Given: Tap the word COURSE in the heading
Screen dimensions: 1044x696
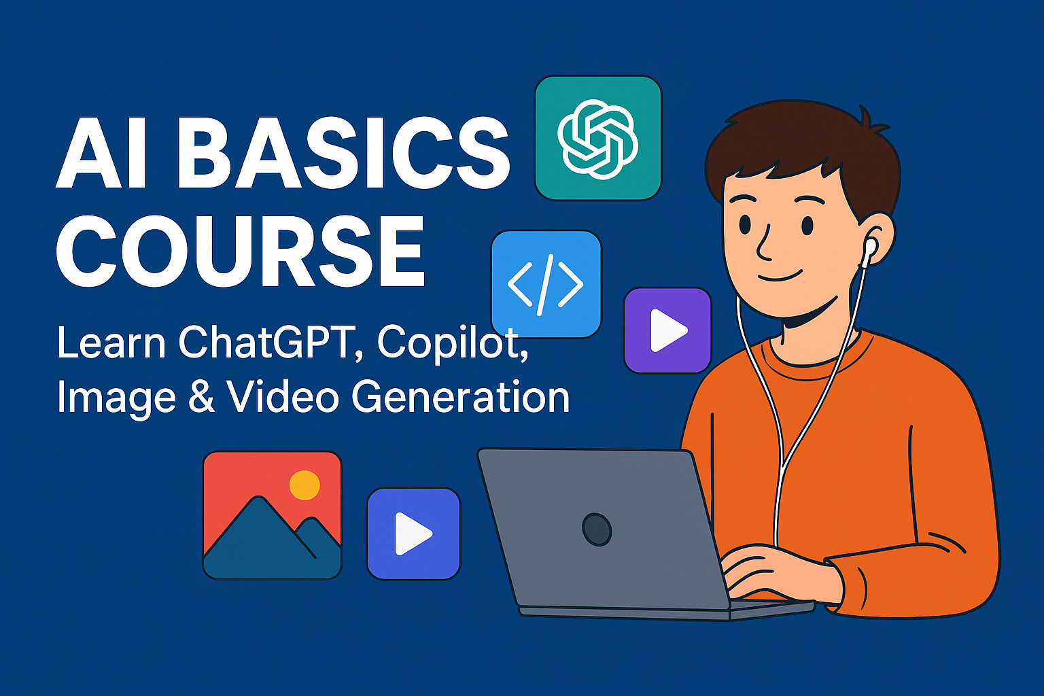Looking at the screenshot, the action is pyautogui.click(x=241, y=251).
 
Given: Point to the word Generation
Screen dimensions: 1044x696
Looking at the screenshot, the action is pyautogui.click(x=460, y=397).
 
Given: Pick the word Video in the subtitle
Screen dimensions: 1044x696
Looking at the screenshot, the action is pyautogui.click(x=283, y=397).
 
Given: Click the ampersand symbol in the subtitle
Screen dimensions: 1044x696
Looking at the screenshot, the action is pyautogui.click(x=201, y=397).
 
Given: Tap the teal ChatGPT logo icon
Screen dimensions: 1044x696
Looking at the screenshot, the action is pyautogui.click(x=598, y=138).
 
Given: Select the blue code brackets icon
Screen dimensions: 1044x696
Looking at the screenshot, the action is pyautogui.click(x=546, y=284).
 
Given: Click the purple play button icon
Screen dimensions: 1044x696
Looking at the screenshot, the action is pyautogui.click(x=667, y=330).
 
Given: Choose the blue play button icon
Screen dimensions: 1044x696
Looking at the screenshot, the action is pyautogui.click(x=413, y=534).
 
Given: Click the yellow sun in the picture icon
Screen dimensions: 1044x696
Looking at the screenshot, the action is pyautogui.click(x=304, y=485).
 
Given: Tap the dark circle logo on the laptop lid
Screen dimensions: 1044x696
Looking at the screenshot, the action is pyautogui.click(x=597, y=529).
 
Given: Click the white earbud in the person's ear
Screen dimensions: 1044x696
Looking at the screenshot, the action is pyautogui.click(x=869, y=248).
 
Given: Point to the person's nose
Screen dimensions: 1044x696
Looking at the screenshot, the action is pyautogui.click(x=764, y=241).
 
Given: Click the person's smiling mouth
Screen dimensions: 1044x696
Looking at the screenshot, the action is pyautogui.click(x=781, y=276).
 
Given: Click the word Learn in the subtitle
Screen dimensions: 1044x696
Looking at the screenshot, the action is pyautogui.click(x=111, y=343).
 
